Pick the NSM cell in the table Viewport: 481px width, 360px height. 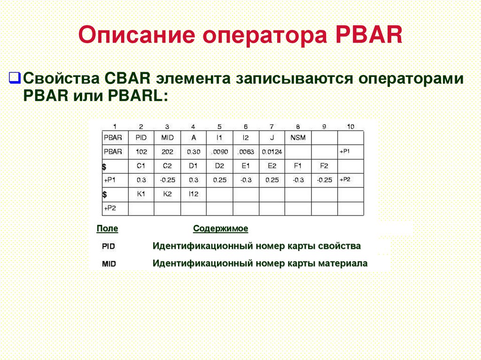click(x=297, y=138)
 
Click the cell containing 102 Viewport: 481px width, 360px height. click(x=141, y=152)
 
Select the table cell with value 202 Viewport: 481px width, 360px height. click(x=167, y=152)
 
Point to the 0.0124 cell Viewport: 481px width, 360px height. click(x=272, y=152)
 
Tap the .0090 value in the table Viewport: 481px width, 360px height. click(x=219, y=152)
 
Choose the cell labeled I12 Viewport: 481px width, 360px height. click(x=193, y=193)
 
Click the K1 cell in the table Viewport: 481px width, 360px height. click(x=141, y=193)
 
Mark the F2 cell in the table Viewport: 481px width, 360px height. click(x=324, y=166)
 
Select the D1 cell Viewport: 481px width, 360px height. click(x=193, y=166)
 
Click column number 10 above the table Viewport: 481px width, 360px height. click(x=350, y=126)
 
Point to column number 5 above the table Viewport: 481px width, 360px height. click(x=219, y=126)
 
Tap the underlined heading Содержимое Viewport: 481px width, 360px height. click(x=220, y=229)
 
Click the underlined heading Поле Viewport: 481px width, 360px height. click(x=107, y=229)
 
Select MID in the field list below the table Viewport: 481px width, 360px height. click(x=109, y=264)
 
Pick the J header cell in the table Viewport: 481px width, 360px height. click(x=272, y=138)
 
